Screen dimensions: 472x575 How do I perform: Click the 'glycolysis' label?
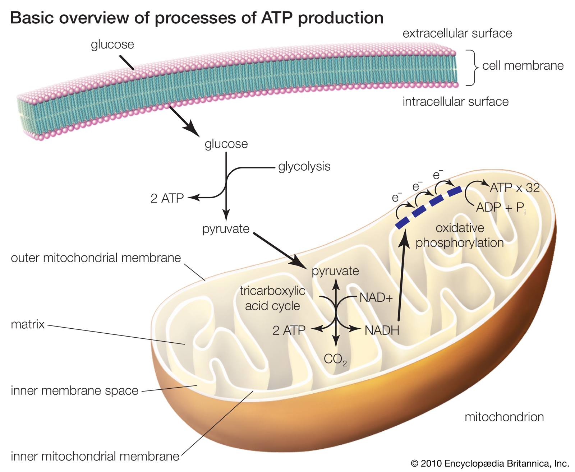coord(304,167)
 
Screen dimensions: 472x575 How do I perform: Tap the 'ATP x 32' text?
coord(515,188)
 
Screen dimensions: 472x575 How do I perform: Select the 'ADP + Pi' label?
coord(501,208)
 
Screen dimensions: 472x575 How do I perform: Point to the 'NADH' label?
coord(382,330)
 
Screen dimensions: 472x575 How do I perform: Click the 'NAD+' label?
coord(376,297)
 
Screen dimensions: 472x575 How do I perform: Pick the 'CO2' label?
coord(335,359)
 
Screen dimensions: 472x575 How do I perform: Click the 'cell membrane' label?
coord(523,66)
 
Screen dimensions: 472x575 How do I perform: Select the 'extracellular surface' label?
coord(457,33)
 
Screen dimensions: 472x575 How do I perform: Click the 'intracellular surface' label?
coord(455,102)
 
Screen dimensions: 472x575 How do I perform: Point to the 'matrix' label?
coord(28,324)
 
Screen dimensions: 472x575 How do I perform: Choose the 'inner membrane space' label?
coord(74,390)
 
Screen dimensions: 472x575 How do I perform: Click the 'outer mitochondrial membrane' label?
coord(96,258)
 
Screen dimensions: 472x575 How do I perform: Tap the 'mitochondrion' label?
coord(504,417)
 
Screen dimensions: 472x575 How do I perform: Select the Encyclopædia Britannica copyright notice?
coord(490,463)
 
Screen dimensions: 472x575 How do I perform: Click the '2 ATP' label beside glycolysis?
coord(167,198)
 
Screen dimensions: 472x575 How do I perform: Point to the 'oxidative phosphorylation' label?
coord(460,235)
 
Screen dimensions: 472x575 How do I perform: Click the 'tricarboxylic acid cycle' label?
coord(272,298)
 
